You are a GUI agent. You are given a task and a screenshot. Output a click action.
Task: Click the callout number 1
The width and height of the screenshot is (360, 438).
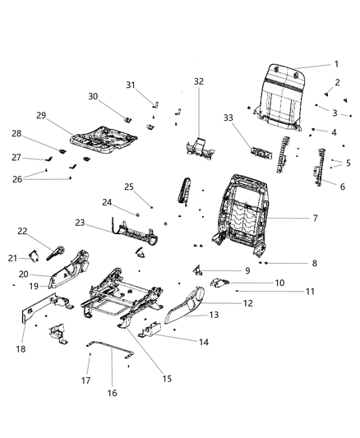(x=336, y=65)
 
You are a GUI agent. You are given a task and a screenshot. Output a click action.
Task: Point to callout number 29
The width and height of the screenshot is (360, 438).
(x=40, y=115)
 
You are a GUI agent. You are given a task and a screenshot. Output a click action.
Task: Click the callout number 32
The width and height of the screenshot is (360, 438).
(x=198, y=81)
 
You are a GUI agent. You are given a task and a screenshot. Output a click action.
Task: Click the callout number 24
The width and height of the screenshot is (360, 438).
(x=107, y=202)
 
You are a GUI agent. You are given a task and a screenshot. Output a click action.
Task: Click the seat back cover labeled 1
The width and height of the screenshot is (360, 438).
(x=280, y=91)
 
